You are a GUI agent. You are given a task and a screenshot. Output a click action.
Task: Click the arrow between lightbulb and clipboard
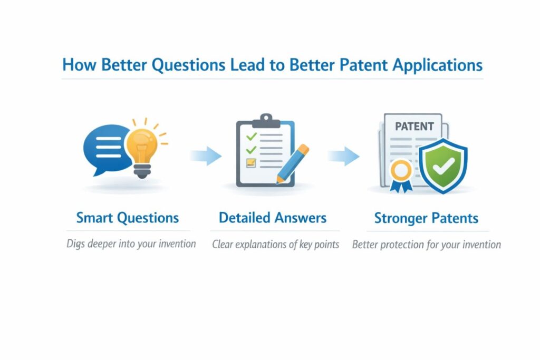pyautogui.click(x=206, y=155)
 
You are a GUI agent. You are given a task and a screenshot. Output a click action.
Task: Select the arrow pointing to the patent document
pyautogui.click(x=343, y=155)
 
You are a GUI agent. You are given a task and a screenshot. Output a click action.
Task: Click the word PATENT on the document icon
pyautogui.click(x=414, y=127)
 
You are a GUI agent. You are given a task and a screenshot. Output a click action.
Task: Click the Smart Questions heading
pyautogui.click(x=128, y=218)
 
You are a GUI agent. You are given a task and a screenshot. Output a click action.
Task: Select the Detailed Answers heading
pyautogui.click(x=273, y=218)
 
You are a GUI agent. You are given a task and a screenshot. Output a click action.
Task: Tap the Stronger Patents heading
pyautogui.click(x=426, y=218)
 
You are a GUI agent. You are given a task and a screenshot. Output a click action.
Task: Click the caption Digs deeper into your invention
pyautogui.click(x=131, y=244)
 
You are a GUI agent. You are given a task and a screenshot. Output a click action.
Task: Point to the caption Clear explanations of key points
pyautogui.click(x=275, y=245)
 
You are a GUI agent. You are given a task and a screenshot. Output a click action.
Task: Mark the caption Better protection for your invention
pyautogui.click(x=426, y=245)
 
